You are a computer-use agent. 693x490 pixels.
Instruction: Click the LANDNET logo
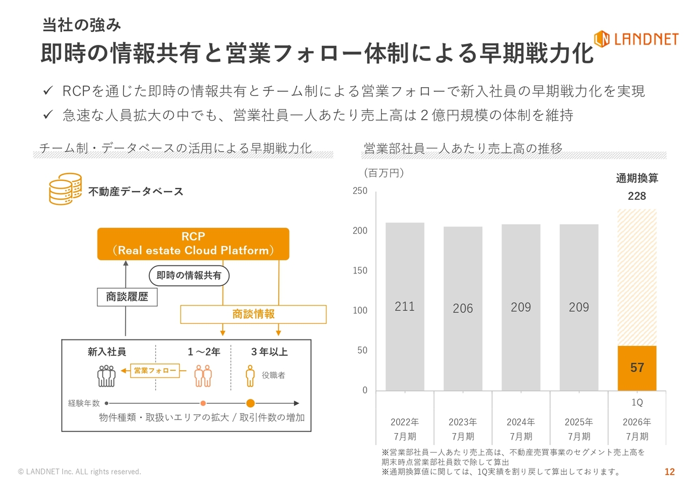coord(636,39)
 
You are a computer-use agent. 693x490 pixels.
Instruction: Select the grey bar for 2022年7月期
coord(404,306)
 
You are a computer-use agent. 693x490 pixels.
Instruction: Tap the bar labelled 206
coord(462,308)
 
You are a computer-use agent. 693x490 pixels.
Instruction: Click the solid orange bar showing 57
coord(637,368)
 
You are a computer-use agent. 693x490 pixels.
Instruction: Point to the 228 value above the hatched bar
coord(637,196)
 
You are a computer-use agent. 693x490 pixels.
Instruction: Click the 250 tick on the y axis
coord(360,191)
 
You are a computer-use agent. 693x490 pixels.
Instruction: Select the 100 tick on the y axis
coord(360,311)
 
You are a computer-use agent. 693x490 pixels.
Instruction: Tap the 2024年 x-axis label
coord(521,422)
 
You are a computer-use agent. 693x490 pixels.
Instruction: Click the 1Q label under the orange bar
coord(637,403)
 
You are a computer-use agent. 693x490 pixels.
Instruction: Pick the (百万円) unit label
coord(384,173)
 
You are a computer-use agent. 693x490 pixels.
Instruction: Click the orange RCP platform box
coord(193,244)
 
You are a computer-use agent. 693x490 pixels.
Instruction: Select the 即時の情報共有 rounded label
coord(189,276)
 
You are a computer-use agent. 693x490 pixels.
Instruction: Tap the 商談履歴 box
coord(127,297)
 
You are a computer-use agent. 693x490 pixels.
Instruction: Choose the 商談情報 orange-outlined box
coord(253,314)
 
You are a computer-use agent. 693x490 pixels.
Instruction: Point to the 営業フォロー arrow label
coord(155,370)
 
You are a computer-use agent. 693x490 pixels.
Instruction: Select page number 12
coord(670,472)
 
